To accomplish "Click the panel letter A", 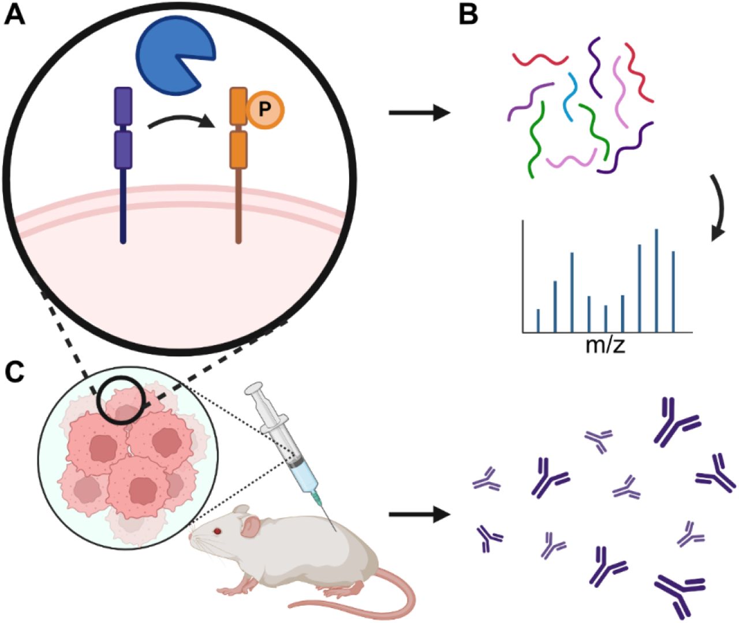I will (14, 14).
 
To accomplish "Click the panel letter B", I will (468, 14).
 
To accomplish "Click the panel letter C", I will (14, 373).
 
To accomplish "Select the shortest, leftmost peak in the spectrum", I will (538, 321).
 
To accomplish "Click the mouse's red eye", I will (218, 531).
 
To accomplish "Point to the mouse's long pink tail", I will (358, 603).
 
